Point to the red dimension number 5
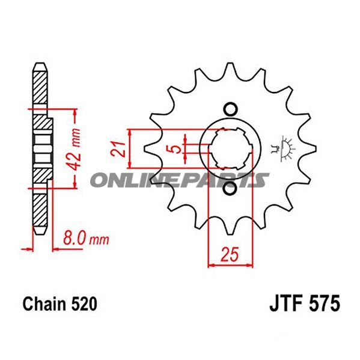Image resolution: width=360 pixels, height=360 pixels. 174,149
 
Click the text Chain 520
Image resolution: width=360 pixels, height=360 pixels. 59,304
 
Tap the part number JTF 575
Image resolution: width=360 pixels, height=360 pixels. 302,303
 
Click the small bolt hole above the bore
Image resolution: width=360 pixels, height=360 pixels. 229,109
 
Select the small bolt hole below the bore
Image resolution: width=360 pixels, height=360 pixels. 229,189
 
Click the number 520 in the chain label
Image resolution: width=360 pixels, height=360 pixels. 84,304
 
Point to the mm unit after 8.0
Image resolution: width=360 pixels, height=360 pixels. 98,240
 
